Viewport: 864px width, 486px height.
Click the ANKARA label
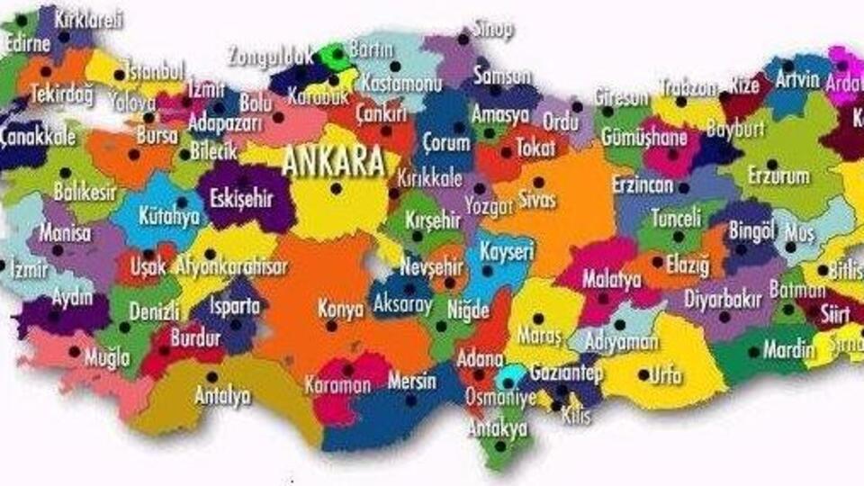click(x=333, y=162)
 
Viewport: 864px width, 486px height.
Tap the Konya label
click(x=341, y=309)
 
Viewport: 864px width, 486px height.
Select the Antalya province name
click(x=222, y=395)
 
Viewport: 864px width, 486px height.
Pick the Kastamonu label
click(x=401, y=83)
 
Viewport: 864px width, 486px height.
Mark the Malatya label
click(x=611, y=279)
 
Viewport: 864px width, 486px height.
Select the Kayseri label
click(x=506, y=250)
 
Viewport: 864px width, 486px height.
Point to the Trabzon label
click(x=688, y=88)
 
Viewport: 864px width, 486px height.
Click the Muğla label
click(x=107, y=357)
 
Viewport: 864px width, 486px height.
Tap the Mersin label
click(x=411, y=382)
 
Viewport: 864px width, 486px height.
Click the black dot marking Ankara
click(x=336, y=188)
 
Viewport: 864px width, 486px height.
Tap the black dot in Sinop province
click(x=463, y=39)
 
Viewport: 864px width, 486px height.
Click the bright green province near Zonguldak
click(x=337, y=56)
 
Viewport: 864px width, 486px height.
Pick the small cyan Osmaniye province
click(x=511, y=373)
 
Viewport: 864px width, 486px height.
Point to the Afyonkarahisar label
click(x=232, y=267)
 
